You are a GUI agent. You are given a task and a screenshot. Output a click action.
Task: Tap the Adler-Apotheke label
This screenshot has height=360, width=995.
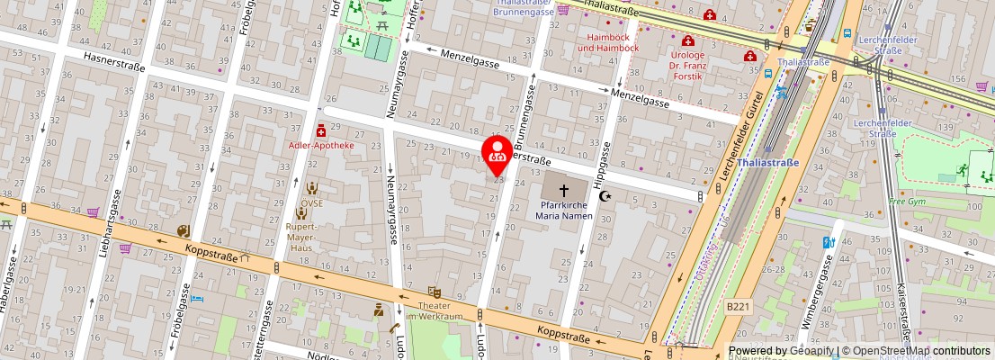point(321,145)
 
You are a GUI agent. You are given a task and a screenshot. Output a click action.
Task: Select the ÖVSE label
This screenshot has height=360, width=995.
point(311,202)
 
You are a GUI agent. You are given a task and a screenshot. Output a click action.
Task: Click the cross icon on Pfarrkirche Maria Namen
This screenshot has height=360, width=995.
point(564,191)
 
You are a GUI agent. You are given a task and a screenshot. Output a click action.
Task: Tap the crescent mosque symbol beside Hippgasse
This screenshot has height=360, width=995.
point(605,195)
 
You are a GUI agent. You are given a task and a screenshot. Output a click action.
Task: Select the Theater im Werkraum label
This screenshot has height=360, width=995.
point(434,310)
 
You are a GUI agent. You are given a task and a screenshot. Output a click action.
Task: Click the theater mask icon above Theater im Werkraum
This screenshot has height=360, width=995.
point(434,292)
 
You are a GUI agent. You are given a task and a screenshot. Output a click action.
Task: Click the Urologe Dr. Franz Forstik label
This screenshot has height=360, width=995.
point(688,66)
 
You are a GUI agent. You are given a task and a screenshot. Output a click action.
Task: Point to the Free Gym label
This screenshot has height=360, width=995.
point(906,201)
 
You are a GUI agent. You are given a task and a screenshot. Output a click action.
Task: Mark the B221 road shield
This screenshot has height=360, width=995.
point(737,307)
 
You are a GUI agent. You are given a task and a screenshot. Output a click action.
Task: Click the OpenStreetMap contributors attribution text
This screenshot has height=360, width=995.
point(916,351)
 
